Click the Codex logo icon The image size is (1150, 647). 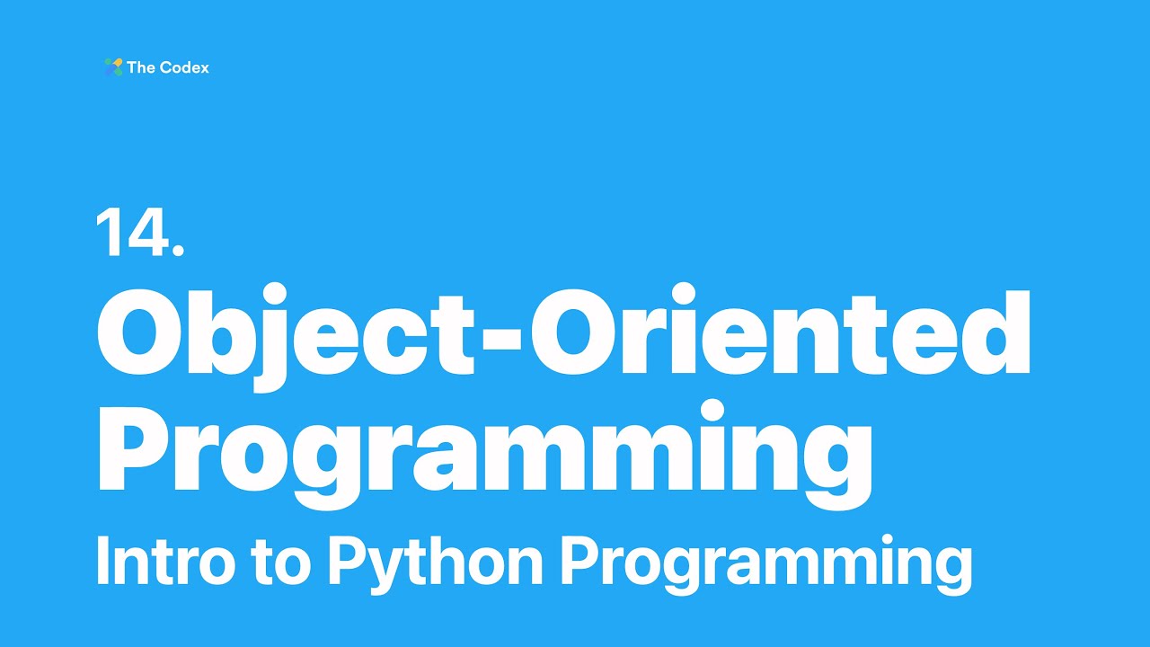[113, 67]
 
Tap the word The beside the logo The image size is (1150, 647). [141, 67]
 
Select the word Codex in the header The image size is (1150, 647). [184, 67]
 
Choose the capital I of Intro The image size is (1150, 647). [102, 562]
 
